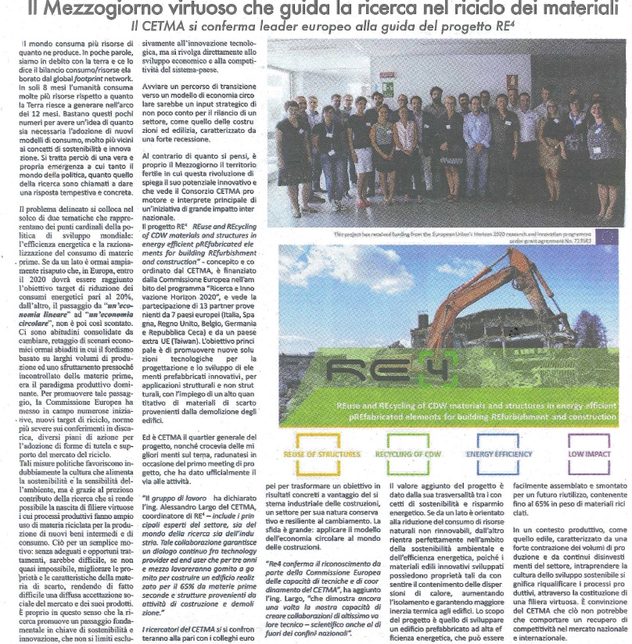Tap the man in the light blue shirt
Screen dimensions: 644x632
click(x=476, y=141)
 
